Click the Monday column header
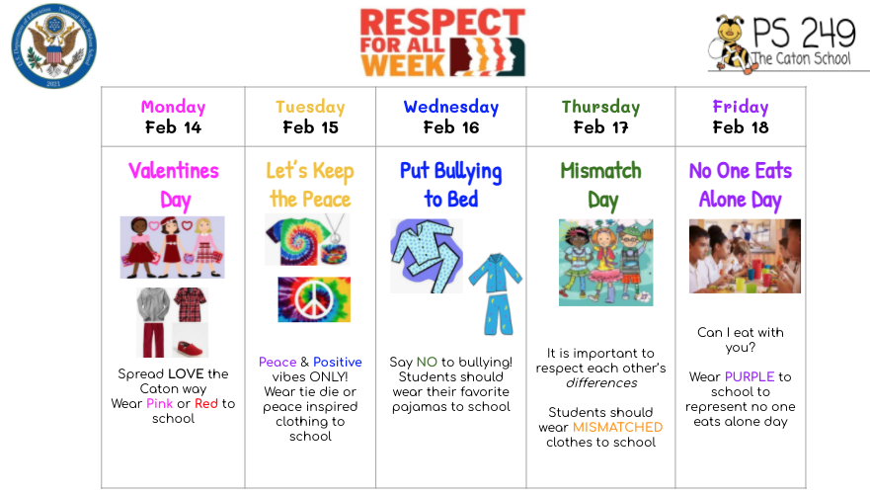pos(173,107)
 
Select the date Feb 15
pos(311,126)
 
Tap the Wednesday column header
pos(451,107)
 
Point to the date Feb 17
pos(600,126)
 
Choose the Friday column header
pos(740,107)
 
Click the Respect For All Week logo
pos(441,42)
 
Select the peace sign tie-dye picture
pos(314,299)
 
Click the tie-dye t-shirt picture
pos(293,238)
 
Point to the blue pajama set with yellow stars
pos(496,294)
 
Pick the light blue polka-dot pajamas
pos(426,255)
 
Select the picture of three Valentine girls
pos(172,246)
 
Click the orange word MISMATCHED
pos(617,427)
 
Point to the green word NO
pos(426,363)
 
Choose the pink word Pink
pos(159,403)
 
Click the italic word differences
pos(601,382)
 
